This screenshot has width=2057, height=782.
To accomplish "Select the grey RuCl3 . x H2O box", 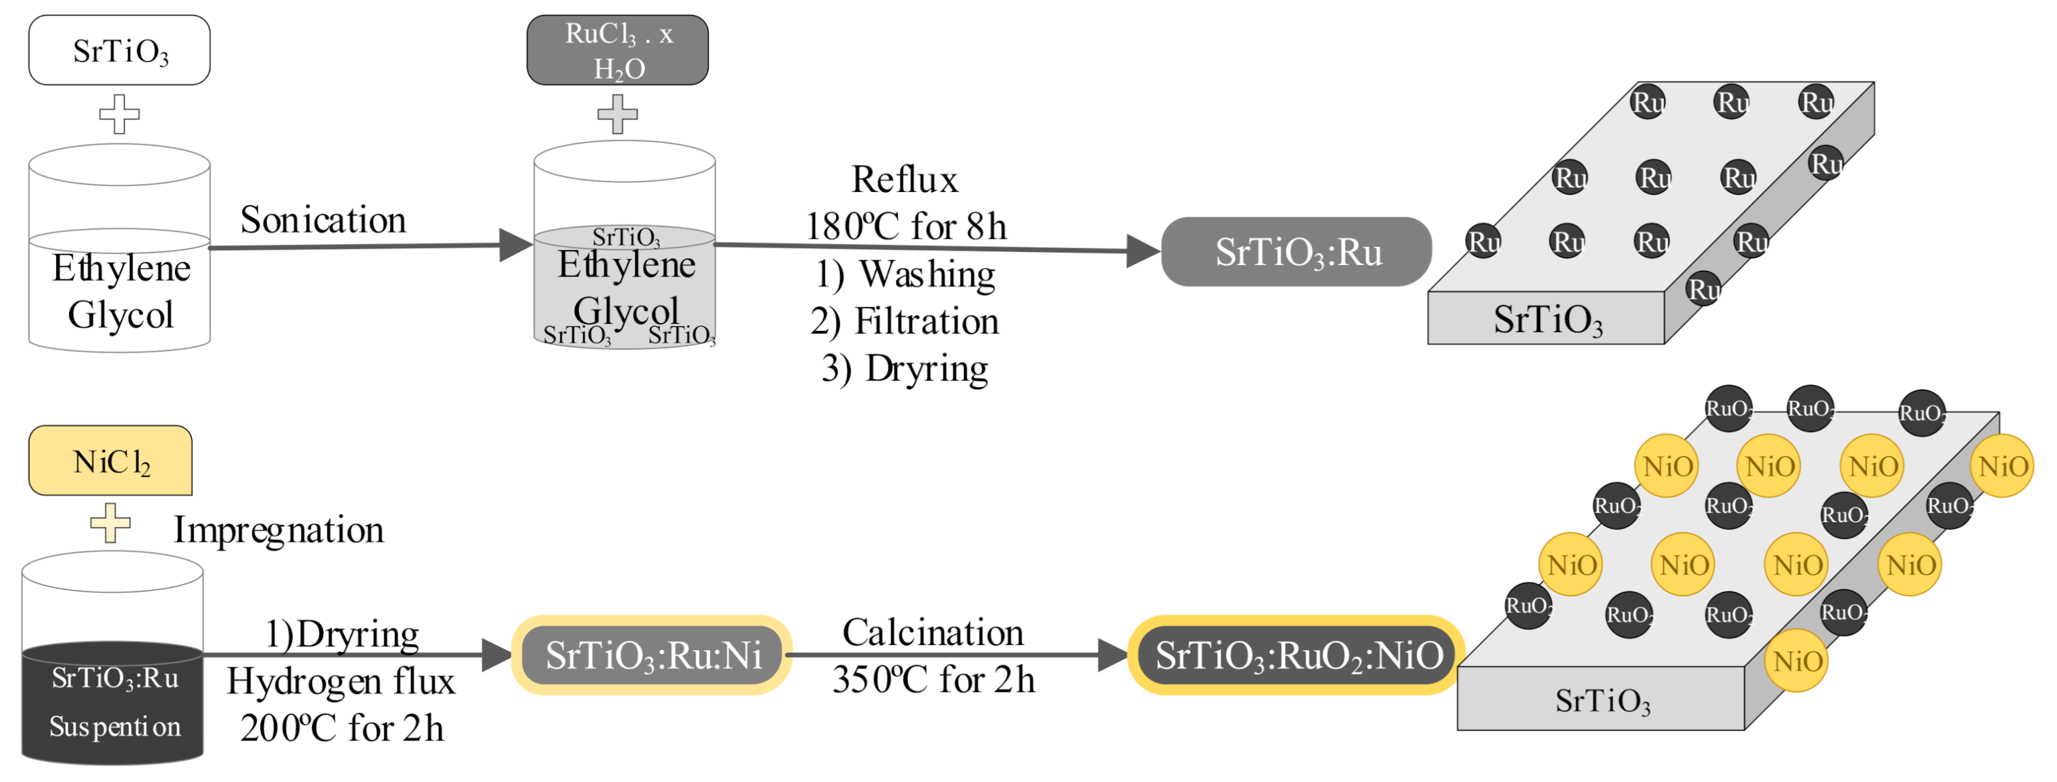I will click(x=617, y=50).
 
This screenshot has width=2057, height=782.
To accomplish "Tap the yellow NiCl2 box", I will click(x=110, y=461).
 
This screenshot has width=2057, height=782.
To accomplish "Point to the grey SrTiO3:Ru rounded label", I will click(x=1296, y=251).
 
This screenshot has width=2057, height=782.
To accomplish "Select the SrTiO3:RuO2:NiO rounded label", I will click(x=1297, y=655).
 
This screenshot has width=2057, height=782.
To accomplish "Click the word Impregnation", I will click(x=278, y=529).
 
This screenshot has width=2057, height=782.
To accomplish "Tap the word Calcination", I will click(x=932, y=633).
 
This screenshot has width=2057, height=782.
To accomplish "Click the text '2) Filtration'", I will click(x=904, y=321).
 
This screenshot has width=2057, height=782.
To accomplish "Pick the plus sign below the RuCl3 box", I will click(x=617, y=114).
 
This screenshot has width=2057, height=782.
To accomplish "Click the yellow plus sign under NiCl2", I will click(x=110, y=524).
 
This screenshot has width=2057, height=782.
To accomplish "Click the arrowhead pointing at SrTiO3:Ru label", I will click(x=1142, y=251).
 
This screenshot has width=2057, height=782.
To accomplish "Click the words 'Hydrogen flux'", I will click(x=340, y=682).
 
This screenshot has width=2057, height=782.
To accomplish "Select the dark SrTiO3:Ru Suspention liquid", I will click(x=113, y=703).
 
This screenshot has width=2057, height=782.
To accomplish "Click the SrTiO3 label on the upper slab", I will click(x=1547, y=319).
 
